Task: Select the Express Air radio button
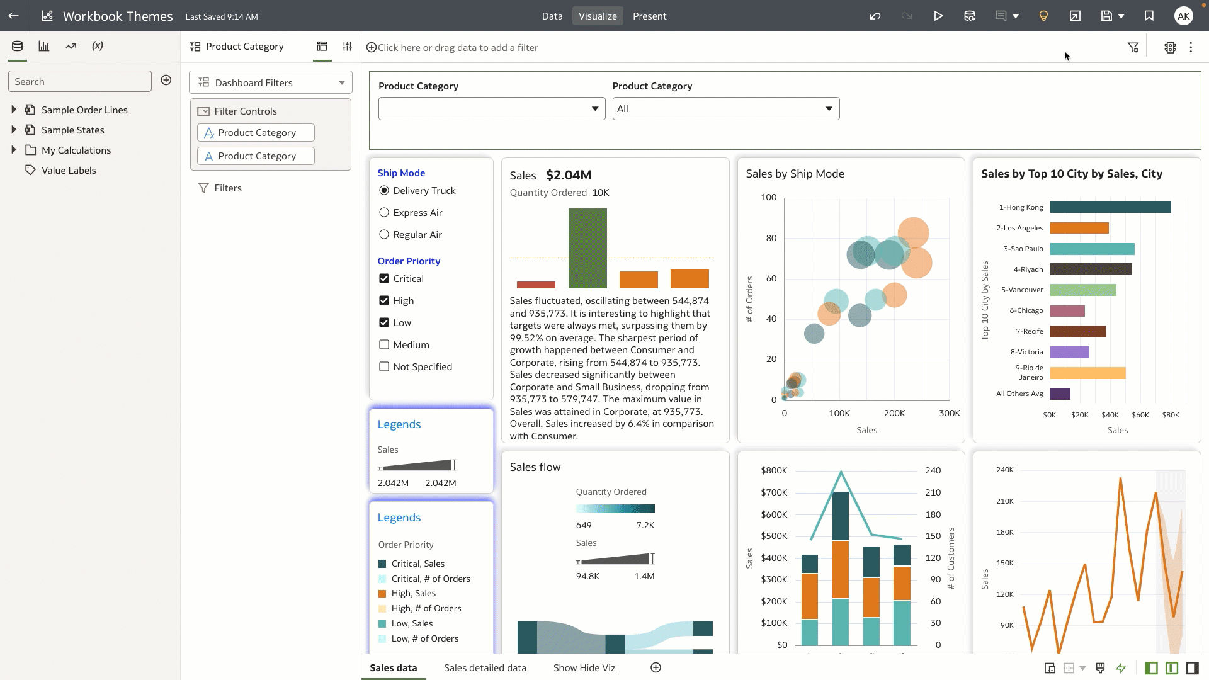(x=384, y=213)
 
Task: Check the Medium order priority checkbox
(x=384, y=345)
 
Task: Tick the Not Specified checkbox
(x=384, y=367)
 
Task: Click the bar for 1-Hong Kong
(x=1110, y=207)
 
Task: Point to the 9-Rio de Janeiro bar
(x=1087, y=373)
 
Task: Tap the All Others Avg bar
(x=1060, y=394)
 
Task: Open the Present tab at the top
(x=649, y=16)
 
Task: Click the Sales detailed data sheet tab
(x=485, y=668)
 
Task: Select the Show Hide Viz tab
(x=584, y=668)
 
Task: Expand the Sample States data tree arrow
(x=14, y=130)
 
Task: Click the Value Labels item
(x=69, y=171)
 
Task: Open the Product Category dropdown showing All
(x=725, y=109)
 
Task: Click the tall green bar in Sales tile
(x=587, y=248)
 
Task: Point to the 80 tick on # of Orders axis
(x=771, y=238)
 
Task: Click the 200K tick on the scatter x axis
(x=894, y=414)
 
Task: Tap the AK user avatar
(x=1183, y=16)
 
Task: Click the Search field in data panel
(x=80, y=82)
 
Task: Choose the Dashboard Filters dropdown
(x=271, y=83)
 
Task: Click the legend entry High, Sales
(x=413, y=594)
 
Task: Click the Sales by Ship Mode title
(x=795, y=174)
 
